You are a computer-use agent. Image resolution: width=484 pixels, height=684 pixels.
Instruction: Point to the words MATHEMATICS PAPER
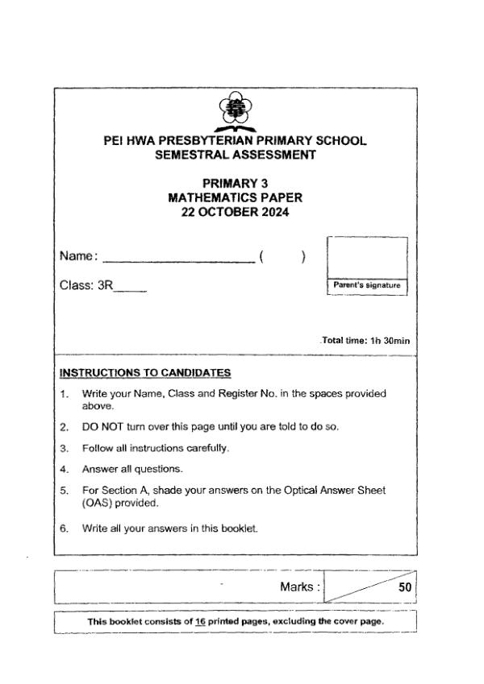(235, 197)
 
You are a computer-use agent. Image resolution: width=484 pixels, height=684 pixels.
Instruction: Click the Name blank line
(177, 260)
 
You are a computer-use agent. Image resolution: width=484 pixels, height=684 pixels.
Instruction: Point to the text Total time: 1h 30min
(366, 341)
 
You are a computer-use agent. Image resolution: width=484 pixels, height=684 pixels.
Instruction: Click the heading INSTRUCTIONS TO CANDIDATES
(145, 372)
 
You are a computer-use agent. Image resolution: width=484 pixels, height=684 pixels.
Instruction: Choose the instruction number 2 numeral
(63, 424)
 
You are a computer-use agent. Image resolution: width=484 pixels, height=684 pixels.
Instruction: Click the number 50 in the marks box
(405, 588)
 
